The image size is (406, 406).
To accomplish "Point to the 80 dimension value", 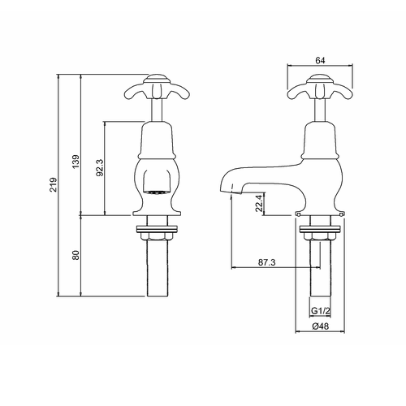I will coord(75,255).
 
